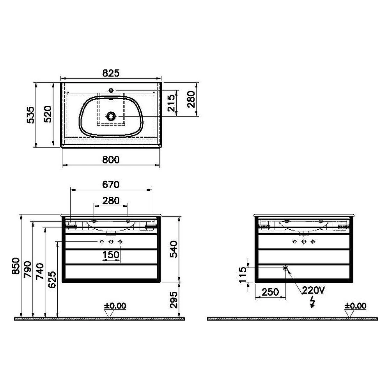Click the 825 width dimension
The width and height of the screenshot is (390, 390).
coord(111,73)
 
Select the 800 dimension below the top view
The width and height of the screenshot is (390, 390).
coord(111,160)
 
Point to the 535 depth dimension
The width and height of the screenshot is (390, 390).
coord(31,115)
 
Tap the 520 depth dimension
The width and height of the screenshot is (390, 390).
coord(48,114)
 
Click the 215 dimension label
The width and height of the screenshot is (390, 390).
coord(171,103)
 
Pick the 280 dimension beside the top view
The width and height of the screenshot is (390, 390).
coord(191,99)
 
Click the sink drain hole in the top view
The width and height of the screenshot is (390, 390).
coord(111,116)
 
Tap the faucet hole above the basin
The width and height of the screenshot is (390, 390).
coord(111,90)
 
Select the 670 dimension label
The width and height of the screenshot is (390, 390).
coord(111,184)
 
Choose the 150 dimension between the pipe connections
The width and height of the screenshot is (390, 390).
coord(111,255)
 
